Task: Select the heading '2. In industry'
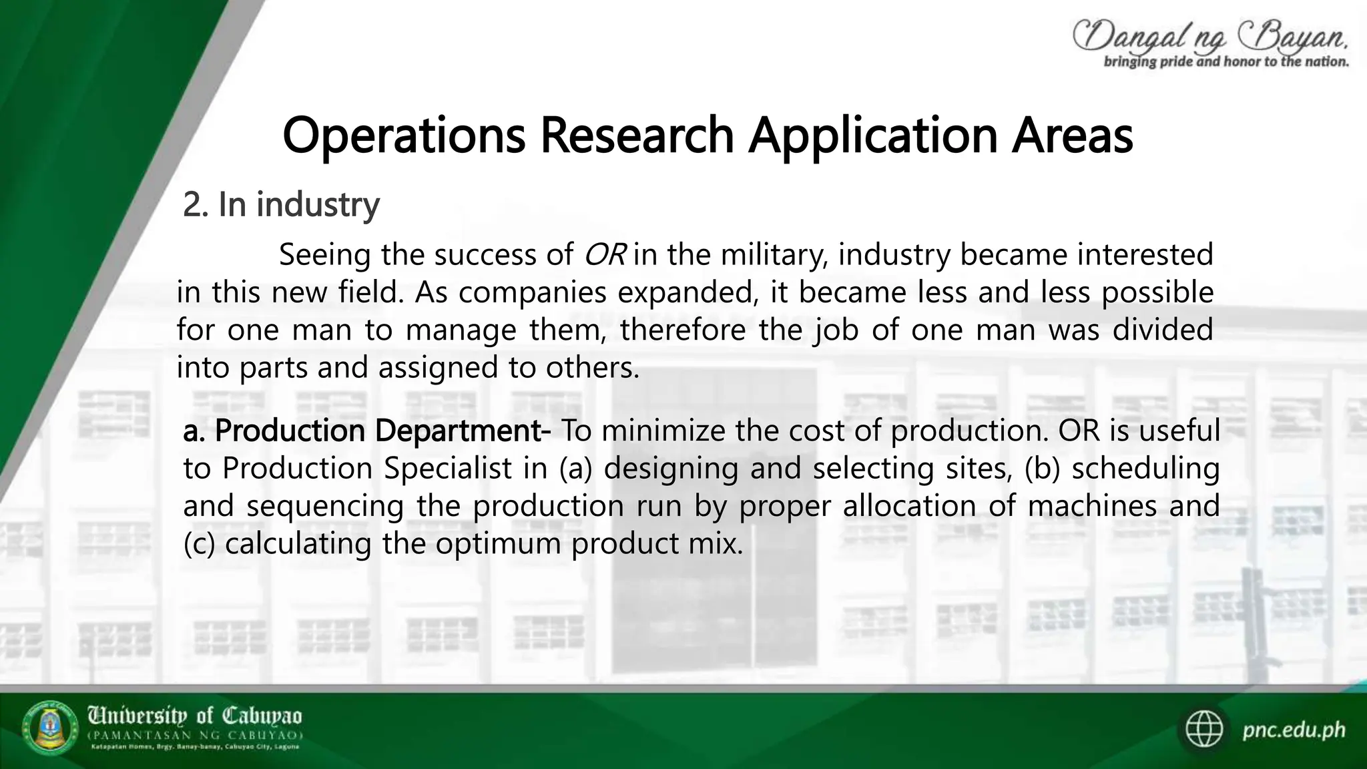pos(281,204)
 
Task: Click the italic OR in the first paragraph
pos(604,255)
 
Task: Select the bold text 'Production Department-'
pos(382,431)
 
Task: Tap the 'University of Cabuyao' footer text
pos(195,717)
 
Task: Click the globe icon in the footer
pos(1205,730)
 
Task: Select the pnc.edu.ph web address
pos(1294,730)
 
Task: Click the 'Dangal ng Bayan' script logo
pos(1209,35)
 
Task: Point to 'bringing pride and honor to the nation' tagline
pos(1226,62)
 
